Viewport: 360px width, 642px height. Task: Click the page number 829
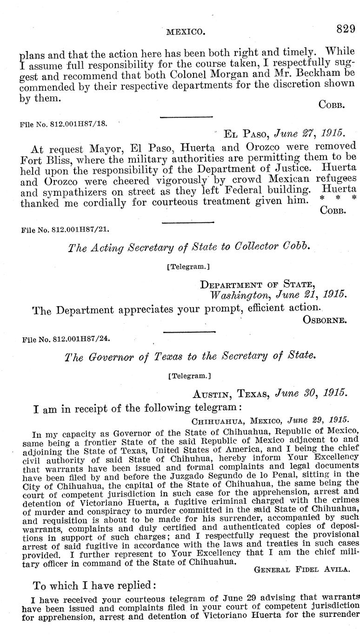[x=346, y=29]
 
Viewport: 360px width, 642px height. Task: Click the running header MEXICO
[x=186, y=32]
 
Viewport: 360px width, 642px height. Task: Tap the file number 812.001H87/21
[x=65, y=229]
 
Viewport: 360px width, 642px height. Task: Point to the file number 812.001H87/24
[x=65, y=340]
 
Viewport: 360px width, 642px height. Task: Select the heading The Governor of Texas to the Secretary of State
[x=189, y=356]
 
